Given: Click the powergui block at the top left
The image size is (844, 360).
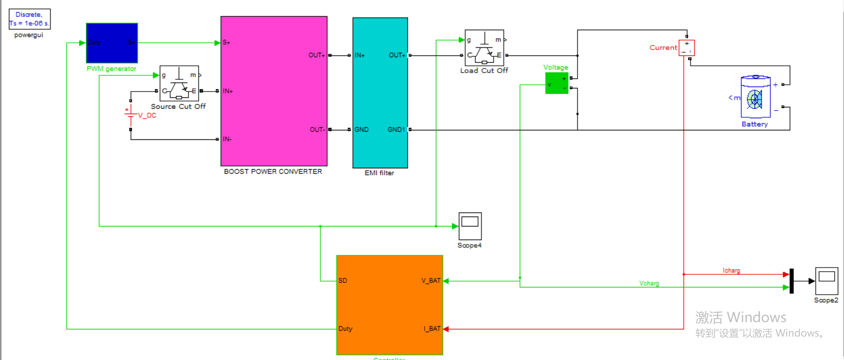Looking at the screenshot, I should tap(29, 19).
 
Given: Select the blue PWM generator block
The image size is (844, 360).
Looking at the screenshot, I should tap(112, 43).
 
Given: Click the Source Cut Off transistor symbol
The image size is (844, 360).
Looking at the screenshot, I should tap(179, 84).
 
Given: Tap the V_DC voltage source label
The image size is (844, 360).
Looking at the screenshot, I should tap(147, 115).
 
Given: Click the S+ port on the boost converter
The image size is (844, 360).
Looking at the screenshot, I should tap(226, 43).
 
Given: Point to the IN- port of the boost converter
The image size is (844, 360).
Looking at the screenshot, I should tap(227, 139).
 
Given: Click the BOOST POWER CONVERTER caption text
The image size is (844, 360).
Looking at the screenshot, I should tap(273, 171).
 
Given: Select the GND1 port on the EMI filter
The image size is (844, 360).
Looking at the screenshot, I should tap(396, 129).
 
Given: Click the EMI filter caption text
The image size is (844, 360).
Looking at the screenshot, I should tap(379, 173).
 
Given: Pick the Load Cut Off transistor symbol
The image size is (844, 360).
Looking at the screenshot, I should tap(484, 48).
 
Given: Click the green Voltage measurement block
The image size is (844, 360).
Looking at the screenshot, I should tap(556, 83).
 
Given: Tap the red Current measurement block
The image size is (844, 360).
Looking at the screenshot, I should tap(687, 48).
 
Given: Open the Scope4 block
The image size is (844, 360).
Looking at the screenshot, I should tap(470, 226).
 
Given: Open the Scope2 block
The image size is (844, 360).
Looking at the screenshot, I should tap(826, 281).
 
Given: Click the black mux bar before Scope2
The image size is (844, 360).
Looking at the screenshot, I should tap(791, 281).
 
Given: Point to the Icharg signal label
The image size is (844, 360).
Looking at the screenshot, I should tap(731, 271).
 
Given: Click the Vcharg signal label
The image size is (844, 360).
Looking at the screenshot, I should tap(649, 283).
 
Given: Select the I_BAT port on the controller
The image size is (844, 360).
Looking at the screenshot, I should tap(432, 329).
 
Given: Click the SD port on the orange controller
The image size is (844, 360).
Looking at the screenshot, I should tap(343, 281).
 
